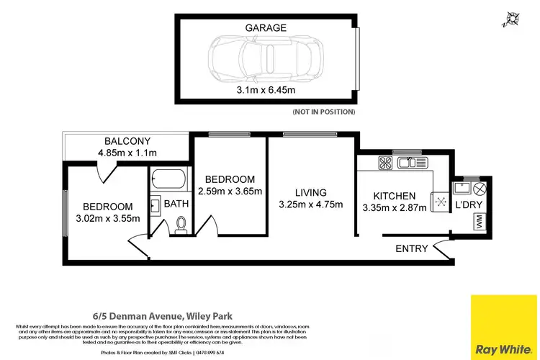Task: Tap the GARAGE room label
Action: pos(266,28)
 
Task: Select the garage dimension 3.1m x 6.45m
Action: pos(266,90)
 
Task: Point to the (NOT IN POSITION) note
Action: pos(323,112)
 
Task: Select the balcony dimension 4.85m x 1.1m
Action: pos(127,153)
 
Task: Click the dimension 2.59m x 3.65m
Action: pos(230,191)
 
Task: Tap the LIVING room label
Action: pos(310,192)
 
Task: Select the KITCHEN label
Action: pos(394,196)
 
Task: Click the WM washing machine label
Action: pos(479,225)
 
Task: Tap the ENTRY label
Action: pos(410,248)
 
